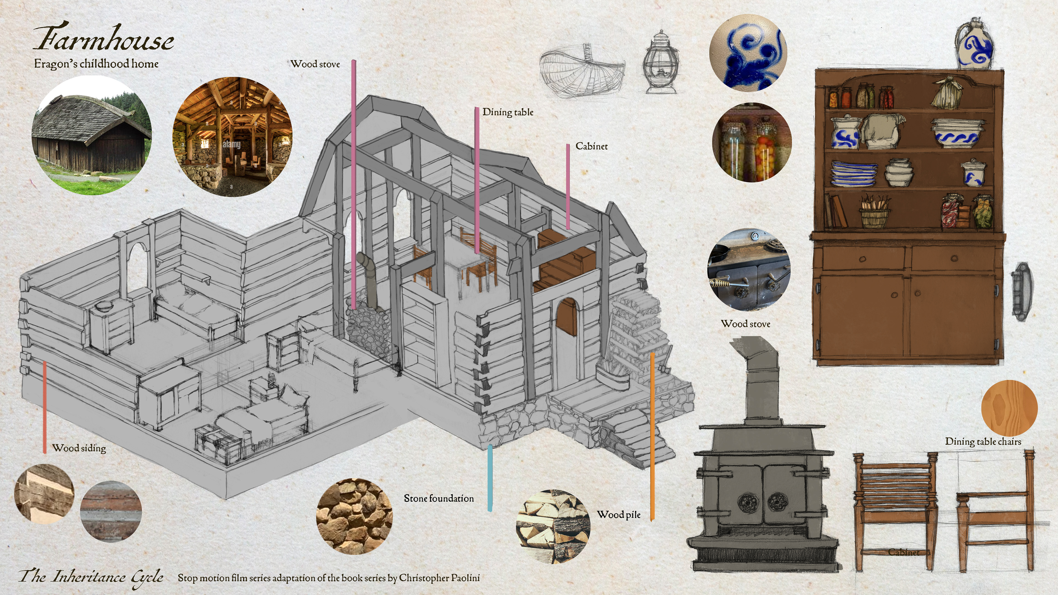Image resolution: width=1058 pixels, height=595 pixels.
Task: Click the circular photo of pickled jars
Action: coord(752,142)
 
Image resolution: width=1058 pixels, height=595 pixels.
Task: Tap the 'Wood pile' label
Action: coord(619,515)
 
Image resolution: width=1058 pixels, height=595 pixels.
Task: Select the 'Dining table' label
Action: coord(508,112)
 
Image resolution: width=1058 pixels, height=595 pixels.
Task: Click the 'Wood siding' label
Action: coord(79,448)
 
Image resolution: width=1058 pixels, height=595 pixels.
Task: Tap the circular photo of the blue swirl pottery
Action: coord(748,52)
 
